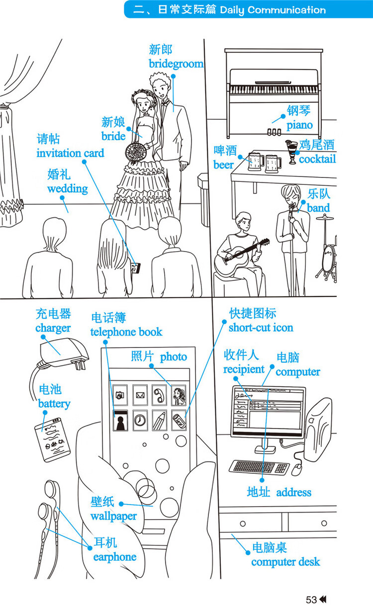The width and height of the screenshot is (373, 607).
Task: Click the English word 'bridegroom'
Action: click(x=176, y=64)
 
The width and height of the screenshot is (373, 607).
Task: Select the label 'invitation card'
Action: click(x=70, y=153)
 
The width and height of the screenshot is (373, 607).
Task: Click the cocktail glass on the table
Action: click(x=291, y=149)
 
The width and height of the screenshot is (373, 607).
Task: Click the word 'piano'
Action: click(x=299, y=125)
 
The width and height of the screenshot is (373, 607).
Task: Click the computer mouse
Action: click(x=297, y=468)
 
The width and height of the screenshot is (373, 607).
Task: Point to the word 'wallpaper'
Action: click(x=113, y=516)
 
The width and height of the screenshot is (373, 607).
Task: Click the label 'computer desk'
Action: click(x=285, y=562)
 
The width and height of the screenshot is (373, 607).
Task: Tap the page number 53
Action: click(x=311, y=600)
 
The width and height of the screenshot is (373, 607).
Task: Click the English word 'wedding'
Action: click(x=68, y=189)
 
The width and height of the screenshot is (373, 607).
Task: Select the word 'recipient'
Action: click(x=244, y=369)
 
